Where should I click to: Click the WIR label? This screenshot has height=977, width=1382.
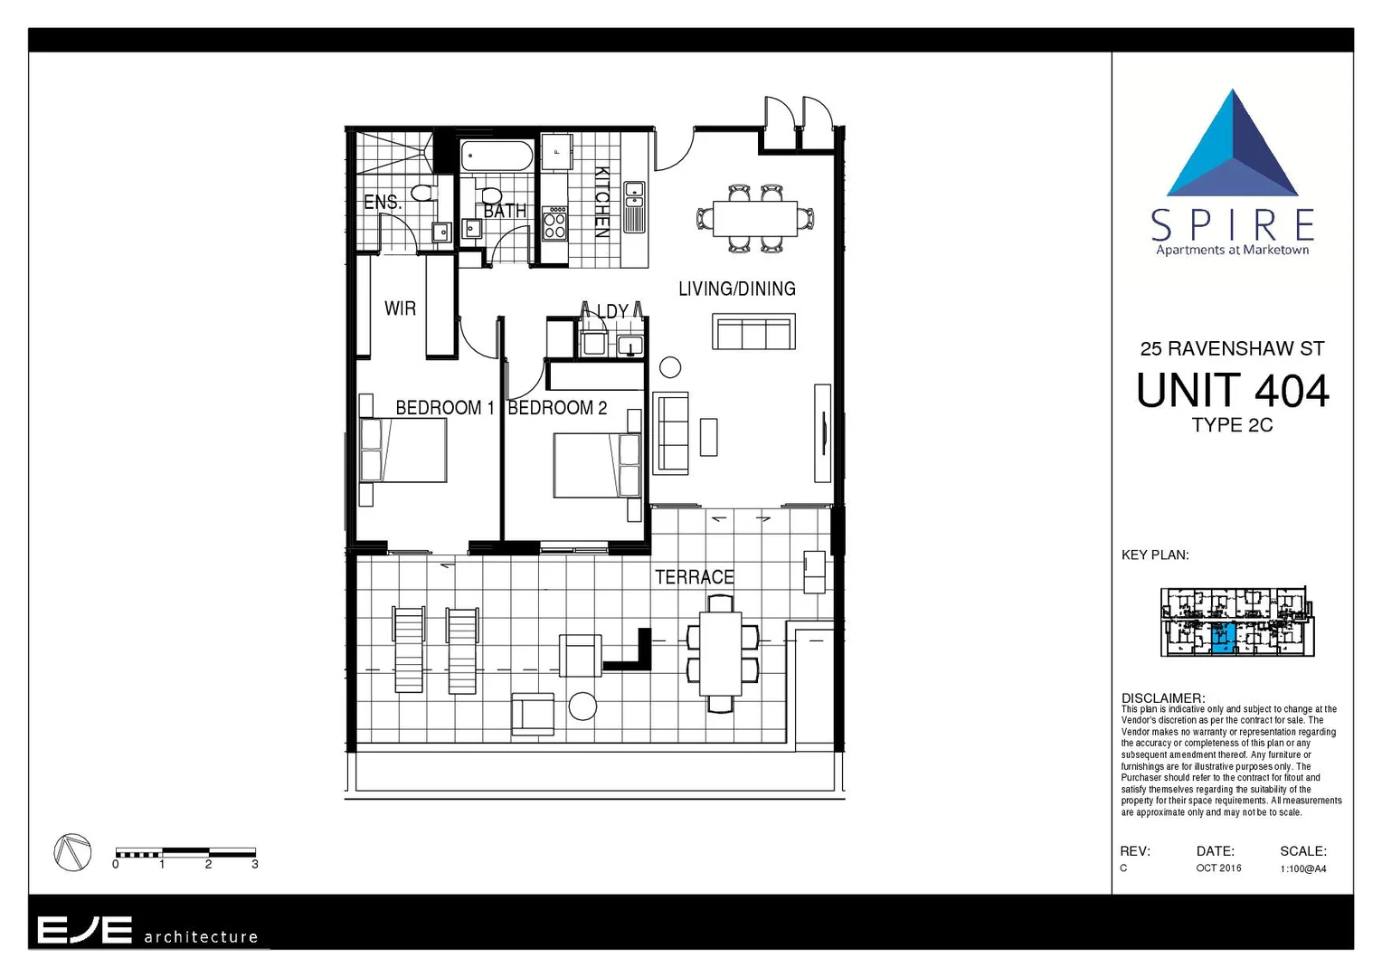click(400, 308)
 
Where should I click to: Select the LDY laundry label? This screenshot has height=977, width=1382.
click(612, 311)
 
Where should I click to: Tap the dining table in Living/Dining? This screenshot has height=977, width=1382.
click(755, 219)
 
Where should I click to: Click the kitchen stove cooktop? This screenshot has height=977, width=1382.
click(554, 223)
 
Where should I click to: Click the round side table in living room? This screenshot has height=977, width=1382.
click(670, 367)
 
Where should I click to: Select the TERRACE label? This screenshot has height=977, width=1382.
click(694, 577)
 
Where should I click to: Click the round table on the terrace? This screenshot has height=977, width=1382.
click(582, 707)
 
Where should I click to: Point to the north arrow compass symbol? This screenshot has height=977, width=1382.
click(72, 852)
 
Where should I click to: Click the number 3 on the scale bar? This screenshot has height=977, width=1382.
click(255, 865)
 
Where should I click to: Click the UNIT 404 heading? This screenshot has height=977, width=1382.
click(1232, 391)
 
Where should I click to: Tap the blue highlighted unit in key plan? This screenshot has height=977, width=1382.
click(1223, 638)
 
